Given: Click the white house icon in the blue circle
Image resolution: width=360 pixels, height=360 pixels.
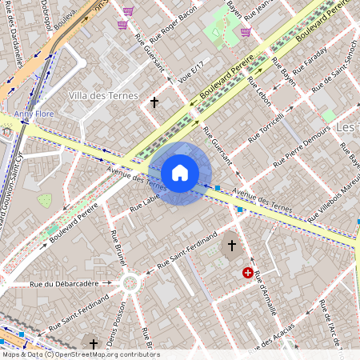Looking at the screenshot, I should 180,173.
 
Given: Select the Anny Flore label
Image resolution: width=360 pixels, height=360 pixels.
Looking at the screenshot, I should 34,114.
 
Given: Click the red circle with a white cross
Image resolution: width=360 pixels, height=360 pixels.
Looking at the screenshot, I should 249,273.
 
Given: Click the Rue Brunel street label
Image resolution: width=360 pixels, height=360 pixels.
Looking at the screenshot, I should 116,247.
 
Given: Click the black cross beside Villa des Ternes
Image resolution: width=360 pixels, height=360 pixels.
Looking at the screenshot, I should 154,102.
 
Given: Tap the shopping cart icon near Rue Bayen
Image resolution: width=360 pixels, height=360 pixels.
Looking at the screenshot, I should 245,32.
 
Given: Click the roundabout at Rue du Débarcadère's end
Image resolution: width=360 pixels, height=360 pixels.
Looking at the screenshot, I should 130,282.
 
